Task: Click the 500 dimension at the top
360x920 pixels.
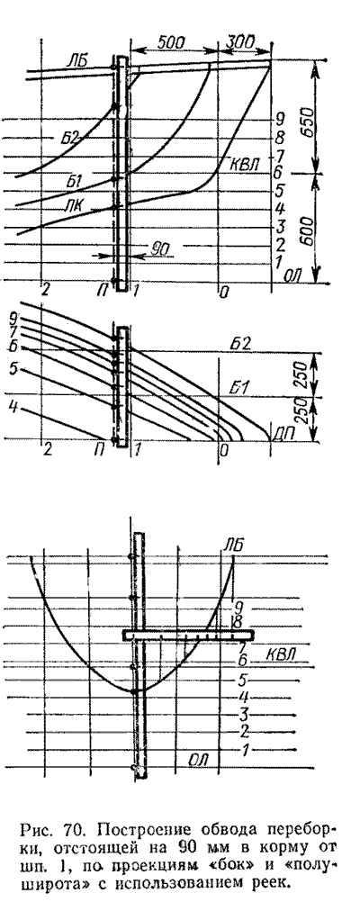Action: [x=171, y=42]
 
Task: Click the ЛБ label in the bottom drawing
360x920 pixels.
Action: [x=231, y=546]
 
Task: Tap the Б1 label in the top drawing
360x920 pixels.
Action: [x=74, y=183]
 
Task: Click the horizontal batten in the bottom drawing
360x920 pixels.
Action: [x=188, y=635]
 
